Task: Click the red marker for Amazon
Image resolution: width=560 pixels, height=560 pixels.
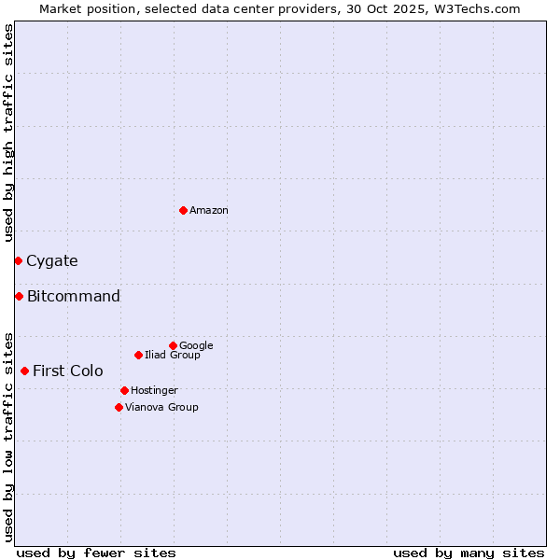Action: pos(183,210)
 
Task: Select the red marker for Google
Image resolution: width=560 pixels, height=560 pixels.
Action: pos(173,345)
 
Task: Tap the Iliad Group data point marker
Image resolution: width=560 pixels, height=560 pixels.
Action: pos(138,355)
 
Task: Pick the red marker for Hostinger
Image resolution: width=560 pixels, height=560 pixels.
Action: pos(124,390)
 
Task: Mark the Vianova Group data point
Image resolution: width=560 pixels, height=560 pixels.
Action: pos(119,407)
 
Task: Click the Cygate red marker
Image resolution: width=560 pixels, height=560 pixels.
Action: pos(18,260)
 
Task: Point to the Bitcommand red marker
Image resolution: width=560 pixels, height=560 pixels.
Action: pos(19,296)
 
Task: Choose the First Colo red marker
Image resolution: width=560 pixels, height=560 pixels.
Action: pos(24,371)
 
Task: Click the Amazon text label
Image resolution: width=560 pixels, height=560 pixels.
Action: pos(209,211)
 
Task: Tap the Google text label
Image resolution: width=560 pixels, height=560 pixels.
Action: pos(196,346)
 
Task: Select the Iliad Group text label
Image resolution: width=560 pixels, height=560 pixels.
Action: pos(173,356)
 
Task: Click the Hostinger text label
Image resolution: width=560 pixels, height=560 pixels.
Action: pos(154,391)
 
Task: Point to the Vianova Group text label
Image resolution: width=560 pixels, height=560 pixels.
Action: pos(161,408)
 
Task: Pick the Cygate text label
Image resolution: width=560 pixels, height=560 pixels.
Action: pos(52,261)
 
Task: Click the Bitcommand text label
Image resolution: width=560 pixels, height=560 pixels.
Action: pos(74,297)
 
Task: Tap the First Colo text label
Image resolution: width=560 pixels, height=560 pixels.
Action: pos(68,371)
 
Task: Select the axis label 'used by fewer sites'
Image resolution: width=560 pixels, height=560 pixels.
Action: pos(96,553)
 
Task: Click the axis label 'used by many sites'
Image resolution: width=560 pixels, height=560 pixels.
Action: pos(469,553)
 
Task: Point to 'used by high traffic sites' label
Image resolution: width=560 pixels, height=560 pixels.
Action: pos(8,133)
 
